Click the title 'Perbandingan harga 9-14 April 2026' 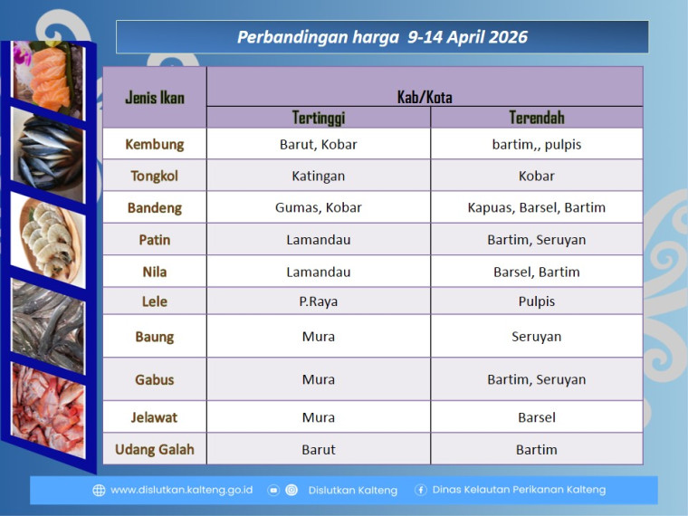tap(382, 37)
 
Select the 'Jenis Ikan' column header tap(154, 98)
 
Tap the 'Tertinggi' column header tap(319, 118)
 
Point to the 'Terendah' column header tap(537, 118)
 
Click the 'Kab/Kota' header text tap(425, 97)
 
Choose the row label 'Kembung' tap(154, 144)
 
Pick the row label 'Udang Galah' tap(154, 449)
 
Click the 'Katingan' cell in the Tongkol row tap(319, 176)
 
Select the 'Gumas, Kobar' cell tap(319, 207)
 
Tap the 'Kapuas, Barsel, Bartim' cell tap(537, 207)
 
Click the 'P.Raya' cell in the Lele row tap(319, 301)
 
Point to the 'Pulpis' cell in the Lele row tap(537, 301)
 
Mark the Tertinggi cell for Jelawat tap(319, 417)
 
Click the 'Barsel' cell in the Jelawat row tap(537, 417)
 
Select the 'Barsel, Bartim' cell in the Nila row tap(537, 272)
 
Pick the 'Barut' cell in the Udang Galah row tap(319, 449)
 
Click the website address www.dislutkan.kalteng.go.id tap(181, 490)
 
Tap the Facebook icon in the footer tap(421, 490)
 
